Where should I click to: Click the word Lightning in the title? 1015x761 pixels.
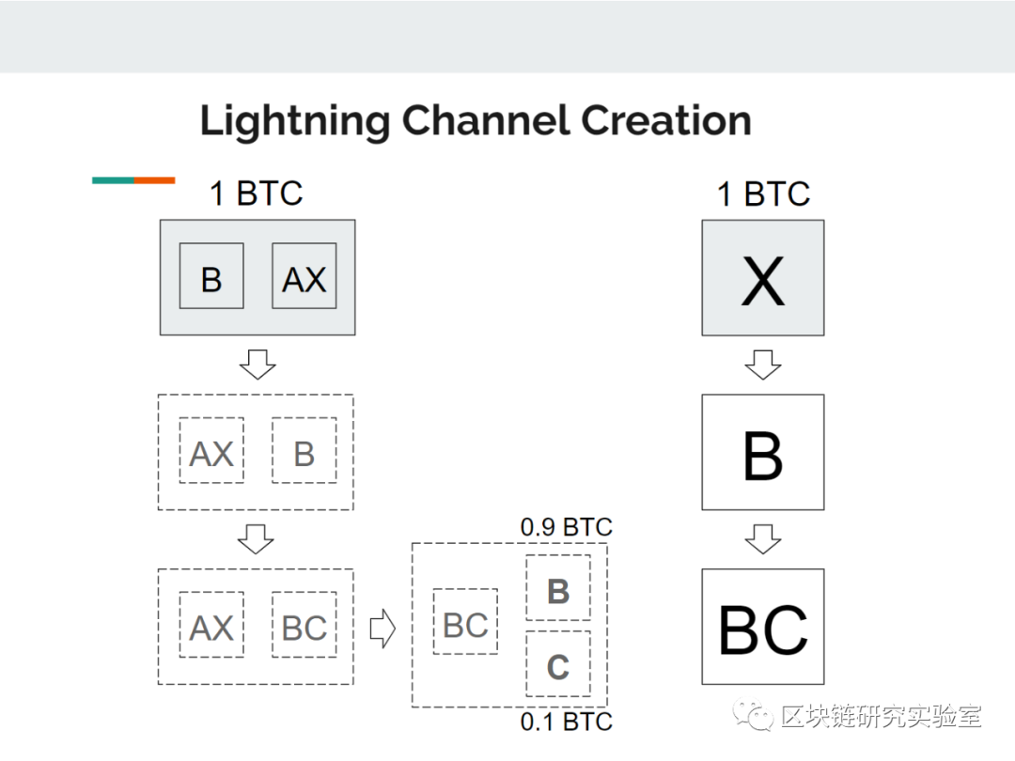pos(295,121)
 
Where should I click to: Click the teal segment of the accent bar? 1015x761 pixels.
pos(114,180)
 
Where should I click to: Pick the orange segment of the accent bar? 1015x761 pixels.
pos(155,180)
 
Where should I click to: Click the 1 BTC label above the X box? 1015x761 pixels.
pos(763,194)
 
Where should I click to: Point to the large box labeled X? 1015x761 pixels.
pos(763,277)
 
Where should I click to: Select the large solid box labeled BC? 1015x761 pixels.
pos(763,627)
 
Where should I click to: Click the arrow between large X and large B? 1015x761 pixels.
pos(763,365)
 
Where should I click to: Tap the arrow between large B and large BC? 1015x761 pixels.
pos(763,539)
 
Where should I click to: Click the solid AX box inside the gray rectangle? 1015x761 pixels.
pos(304,275)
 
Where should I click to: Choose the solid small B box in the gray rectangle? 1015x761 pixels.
pos(211,275)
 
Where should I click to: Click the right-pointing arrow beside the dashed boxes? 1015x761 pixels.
pos(383,628)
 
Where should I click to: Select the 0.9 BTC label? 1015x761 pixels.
pos(567,527)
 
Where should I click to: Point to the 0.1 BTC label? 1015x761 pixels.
pos(567,722)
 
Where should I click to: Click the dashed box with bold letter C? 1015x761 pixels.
pos(558,664)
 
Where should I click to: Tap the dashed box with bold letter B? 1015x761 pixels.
pos(558,587)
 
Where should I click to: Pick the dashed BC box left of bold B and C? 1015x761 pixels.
pos(465,621)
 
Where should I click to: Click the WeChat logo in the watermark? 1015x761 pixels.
pos(753,716)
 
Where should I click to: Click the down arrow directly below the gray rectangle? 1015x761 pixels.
pos(258,365)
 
